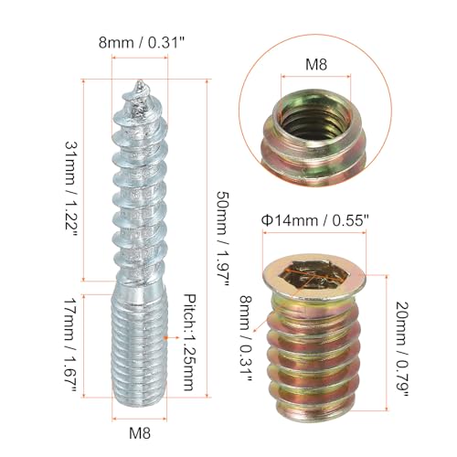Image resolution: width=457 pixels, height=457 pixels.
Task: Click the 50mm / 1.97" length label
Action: [222, 239]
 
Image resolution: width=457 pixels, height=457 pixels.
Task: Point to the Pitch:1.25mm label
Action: [189, 343]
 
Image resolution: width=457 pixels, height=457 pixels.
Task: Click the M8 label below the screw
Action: [140, 432]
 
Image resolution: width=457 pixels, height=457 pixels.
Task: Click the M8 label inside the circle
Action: [316, 65]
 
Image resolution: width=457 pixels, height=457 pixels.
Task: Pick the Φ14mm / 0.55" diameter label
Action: [315, 220]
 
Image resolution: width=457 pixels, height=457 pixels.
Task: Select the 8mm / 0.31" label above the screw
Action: [142, 42]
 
